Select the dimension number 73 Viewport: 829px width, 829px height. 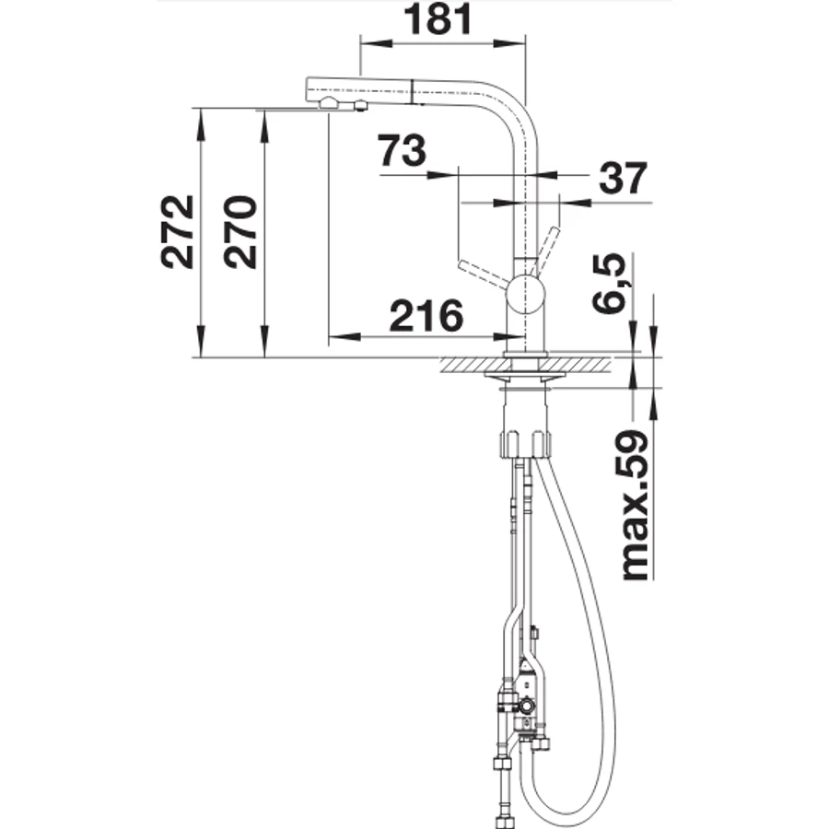pyautogui.click(x=402, y=150)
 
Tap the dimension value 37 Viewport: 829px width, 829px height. pyautogui.click(x=623, y=178)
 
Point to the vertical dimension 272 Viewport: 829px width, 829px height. pyautogui.click(x=178, y=232)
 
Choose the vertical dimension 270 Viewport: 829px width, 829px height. pyautogui.click(x=240, y=232)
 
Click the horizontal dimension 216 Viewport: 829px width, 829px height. pyautogui.click(x=426, y=316)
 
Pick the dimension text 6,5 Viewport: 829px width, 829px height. pyautogui.click(x=609, y=284)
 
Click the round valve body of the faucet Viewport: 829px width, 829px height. pyautogui.click(x=525, y=296)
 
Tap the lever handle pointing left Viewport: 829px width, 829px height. pyautogui.click(x=483, y=274)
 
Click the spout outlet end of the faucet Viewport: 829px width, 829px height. pyautogui.click(x=313, y=92)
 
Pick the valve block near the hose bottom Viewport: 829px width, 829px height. pyautogui.click(x=527, y=699)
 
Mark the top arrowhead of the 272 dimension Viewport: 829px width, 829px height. pyautogui.click(x=200, y=124)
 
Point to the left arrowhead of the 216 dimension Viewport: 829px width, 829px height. pyautogui.click(x=344, y=336)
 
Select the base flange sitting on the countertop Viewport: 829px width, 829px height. pyautogui.click(x=525, y=353)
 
